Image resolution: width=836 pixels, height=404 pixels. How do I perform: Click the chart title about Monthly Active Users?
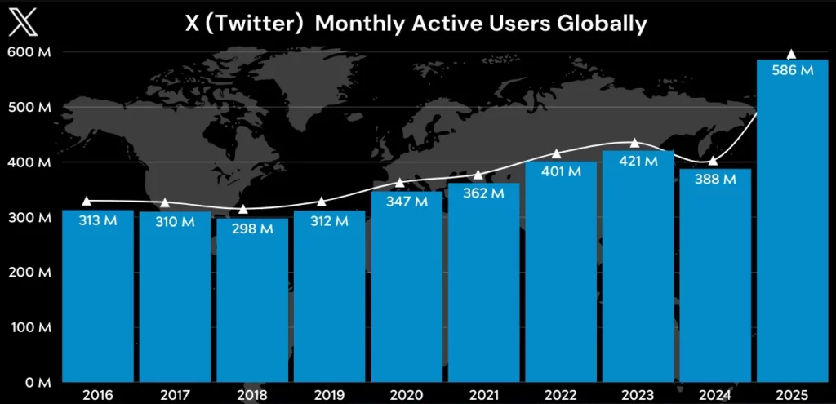pos(416,24)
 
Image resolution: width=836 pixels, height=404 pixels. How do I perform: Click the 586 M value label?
pos(792,71)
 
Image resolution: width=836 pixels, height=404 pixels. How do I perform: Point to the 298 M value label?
pos(251,229)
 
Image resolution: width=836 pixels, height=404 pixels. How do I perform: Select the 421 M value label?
pos(638,162)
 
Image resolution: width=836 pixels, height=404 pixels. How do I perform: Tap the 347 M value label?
pos(407,202)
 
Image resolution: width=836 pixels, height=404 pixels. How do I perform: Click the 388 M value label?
pos(715,180)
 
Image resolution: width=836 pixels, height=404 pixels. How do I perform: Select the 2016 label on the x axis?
pos(97,394)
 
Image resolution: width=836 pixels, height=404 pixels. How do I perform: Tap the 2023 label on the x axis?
pos(638,394)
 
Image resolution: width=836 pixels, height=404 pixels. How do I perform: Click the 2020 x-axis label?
pos(407,394)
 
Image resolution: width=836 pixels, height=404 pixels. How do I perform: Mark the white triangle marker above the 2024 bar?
pos(712,161)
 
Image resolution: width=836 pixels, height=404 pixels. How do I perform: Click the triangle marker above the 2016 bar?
pos(87,201)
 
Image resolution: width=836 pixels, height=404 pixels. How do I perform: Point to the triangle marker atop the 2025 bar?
pos(790,55)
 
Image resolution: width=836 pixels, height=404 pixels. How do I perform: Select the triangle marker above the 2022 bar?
pos(557,153)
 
